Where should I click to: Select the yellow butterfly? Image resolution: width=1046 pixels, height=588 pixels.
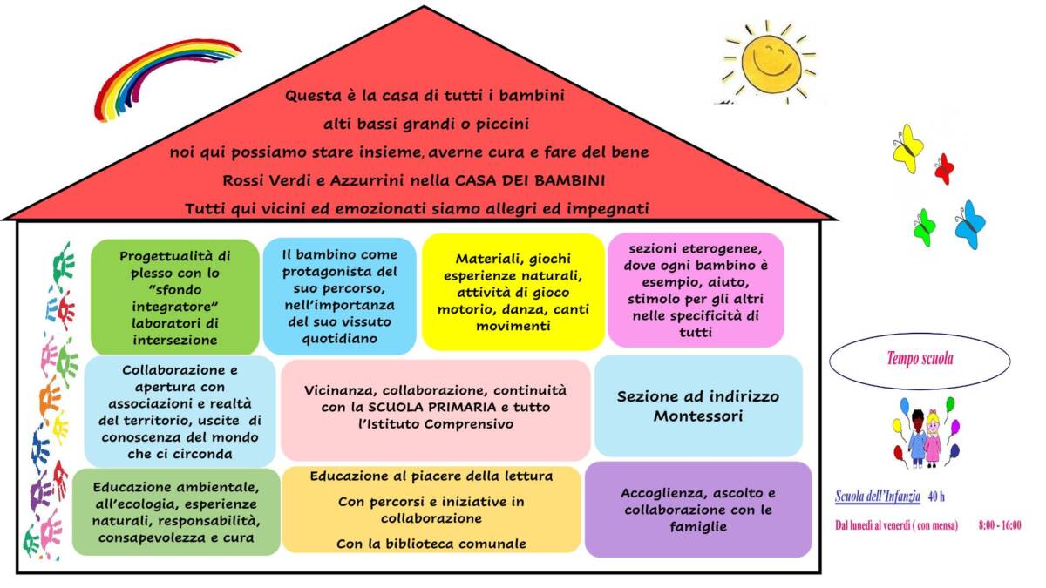click(908, 148)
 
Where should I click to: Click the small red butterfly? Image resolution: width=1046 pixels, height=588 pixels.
click(944, 168)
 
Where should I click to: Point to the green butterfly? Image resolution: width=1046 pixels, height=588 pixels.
click(925, 227)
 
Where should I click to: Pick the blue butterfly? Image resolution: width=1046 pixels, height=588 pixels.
click(970, 225)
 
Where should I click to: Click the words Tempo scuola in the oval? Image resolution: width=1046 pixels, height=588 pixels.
click(920, 358)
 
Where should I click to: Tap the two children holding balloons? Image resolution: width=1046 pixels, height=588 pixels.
click(927, 433)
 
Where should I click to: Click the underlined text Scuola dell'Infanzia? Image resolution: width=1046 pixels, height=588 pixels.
click(878, 496)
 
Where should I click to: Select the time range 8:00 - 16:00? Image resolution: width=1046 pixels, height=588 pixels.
click(1000, 525)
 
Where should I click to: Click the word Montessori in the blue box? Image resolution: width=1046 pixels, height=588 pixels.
click(697, 416)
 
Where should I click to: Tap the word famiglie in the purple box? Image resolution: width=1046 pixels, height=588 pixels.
click(698, 527)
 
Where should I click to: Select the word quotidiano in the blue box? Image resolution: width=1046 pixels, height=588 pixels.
click(339, 338)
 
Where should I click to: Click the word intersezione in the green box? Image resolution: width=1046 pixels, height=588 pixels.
click(175, 340)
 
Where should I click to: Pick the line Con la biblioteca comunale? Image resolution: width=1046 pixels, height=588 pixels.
click(431, 544)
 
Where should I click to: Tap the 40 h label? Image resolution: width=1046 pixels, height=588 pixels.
click(936, 497)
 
